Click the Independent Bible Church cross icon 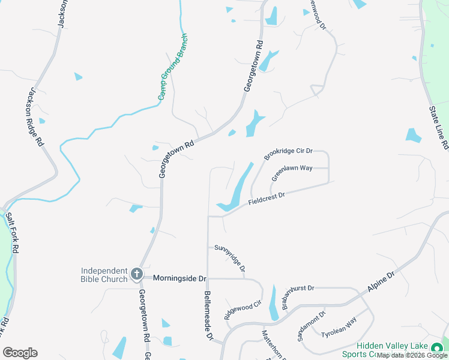137,274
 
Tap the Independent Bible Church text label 104,275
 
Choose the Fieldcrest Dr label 266,199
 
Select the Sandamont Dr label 311,326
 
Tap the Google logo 20,352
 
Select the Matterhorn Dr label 273,344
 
